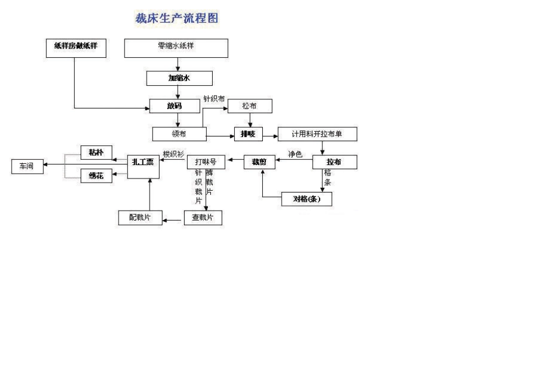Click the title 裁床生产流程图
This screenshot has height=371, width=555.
point(176,18)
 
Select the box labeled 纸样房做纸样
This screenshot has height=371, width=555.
point(76,48)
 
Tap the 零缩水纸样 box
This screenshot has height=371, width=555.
point(176,48)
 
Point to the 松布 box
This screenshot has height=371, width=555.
point(249,106)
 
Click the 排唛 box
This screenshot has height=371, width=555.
point(249,134)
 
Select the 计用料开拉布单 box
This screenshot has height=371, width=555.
point(317,134)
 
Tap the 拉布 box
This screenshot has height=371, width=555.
point(334,162)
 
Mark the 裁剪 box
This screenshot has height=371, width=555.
point(259,162)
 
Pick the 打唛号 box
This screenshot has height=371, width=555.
point(206,162)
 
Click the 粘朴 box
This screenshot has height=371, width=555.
point(96,152)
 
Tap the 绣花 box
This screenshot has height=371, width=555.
point(96,176)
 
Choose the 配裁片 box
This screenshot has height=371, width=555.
point(140,218)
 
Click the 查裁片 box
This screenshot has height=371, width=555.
point(203,218)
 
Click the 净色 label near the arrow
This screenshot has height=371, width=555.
point(295,155)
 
